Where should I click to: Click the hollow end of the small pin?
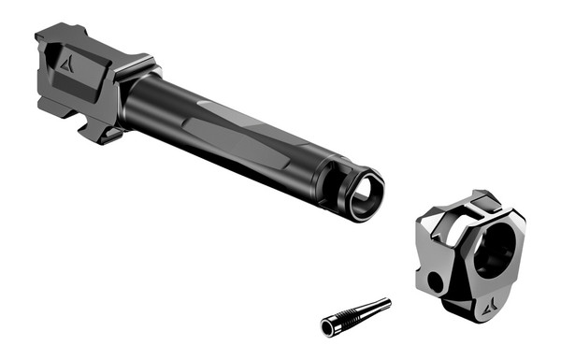point(328,326)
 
